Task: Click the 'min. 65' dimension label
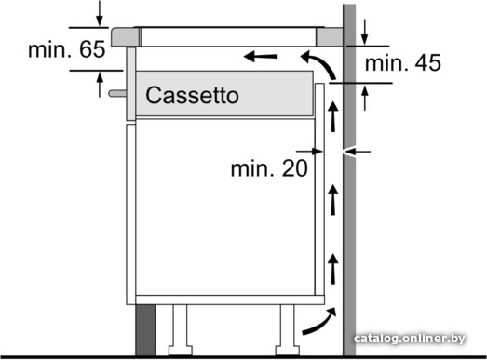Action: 66,49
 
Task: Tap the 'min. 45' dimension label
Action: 403,62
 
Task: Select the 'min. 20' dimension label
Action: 269,168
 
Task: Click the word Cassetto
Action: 192,95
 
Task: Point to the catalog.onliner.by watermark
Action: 410,339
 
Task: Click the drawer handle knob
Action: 117,93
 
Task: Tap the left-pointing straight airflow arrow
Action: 261,57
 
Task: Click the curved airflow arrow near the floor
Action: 319,322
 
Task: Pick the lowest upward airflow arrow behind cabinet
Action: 333,269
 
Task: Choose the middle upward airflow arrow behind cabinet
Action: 333,200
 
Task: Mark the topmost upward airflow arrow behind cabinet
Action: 333,116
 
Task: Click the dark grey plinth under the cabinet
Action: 145,330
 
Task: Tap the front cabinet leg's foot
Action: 180,351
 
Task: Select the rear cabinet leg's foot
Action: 288,351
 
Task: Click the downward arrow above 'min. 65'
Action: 99,14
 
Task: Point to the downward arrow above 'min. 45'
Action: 365,33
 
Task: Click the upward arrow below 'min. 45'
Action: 365,98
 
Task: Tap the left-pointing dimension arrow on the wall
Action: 358,152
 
